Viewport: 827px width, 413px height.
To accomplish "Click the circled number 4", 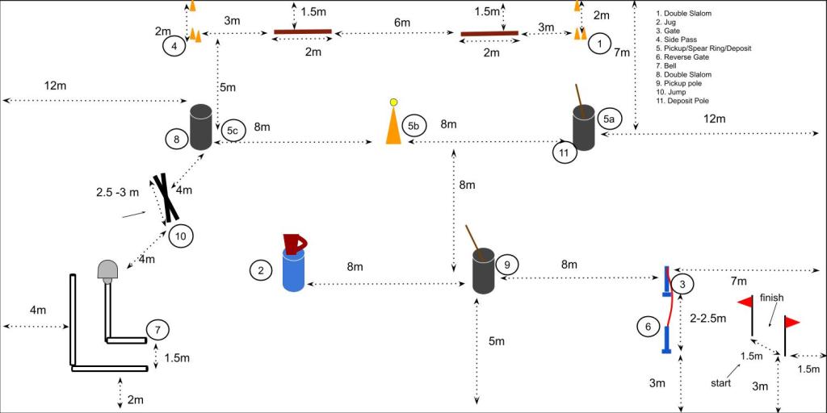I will click(174, 46).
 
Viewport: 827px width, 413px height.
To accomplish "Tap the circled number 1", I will click(598, 44).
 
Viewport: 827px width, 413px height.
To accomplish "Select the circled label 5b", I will click(413, 125).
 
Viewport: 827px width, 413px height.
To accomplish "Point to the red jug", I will click(293, 243).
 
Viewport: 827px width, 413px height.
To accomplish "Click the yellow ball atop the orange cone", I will click(393, 102).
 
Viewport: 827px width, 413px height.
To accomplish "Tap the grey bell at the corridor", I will click(107, 270).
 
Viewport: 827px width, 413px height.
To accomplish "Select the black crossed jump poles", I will click(166, 198).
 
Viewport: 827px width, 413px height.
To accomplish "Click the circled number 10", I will click(180, 236).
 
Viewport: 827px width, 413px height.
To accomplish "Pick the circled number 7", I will click(158, 329).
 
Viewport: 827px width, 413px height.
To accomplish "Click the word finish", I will click(771, 298).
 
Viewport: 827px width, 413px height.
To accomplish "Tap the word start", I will click(720, 383).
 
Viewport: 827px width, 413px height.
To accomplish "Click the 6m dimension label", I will click(402, 23).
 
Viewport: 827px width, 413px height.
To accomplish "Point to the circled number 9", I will click(506, 264).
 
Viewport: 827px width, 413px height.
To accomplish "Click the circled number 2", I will click(261, 271).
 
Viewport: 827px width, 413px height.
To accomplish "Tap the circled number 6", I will click(646, 327).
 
